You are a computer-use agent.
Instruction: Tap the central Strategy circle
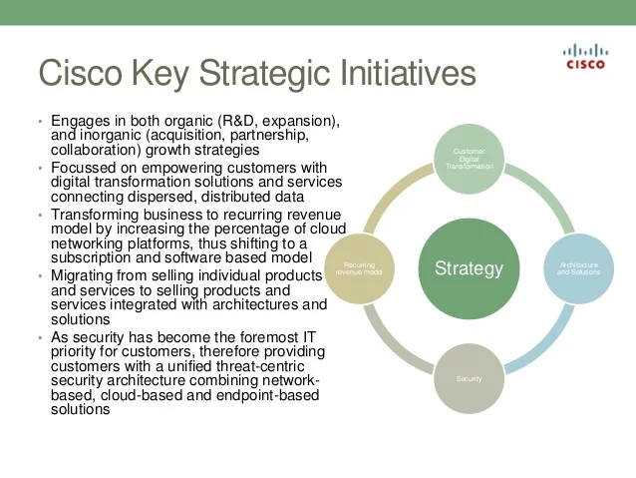click(469, 268)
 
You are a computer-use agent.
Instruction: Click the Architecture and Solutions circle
click(578, 268)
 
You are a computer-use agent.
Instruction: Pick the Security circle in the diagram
click(469, 379)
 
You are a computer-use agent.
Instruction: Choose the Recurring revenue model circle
click(359, 268)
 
